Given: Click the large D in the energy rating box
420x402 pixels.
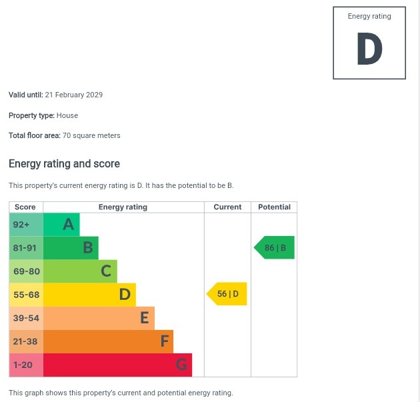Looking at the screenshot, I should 369,50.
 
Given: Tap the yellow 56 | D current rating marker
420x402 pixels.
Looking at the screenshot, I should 228,294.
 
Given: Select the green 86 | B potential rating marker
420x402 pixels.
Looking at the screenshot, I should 275,248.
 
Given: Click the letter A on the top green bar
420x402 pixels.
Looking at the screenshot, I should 68,225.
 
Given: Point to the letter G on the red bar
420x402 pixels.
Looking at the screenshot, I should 181,365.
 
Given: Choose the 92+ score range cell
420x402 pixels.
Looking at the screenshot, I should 26,225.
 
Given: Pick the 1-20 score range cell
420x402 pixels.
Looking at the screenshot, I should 26,365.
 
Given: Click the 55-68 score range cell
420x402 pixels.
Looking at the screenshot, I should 26,295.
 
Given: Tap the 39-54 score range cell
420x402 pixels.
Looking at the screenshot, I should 26,318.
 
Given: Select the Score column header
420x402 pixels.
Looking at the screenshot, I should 25,207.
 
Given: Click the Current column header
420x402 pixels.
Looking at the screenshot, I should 227,207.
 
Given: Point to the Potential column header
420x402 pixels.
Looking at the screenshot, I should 274,207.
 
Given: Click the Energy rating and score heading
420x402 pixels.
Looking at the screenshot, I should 64,164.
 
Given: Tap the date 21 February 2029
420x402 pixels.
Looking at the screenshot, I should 74,95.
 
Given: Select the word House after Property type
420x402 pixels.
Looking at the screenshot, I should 67,115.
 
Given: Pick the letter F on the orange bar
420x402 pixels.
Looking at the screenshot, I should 164,341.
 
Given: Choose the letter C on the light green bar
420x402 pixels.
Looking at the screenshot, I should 106,271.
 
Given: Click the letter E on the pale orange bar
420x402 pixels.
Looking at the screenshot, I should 144,318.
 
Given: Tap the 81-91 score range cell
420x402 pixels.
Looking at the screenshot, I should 26,248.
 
